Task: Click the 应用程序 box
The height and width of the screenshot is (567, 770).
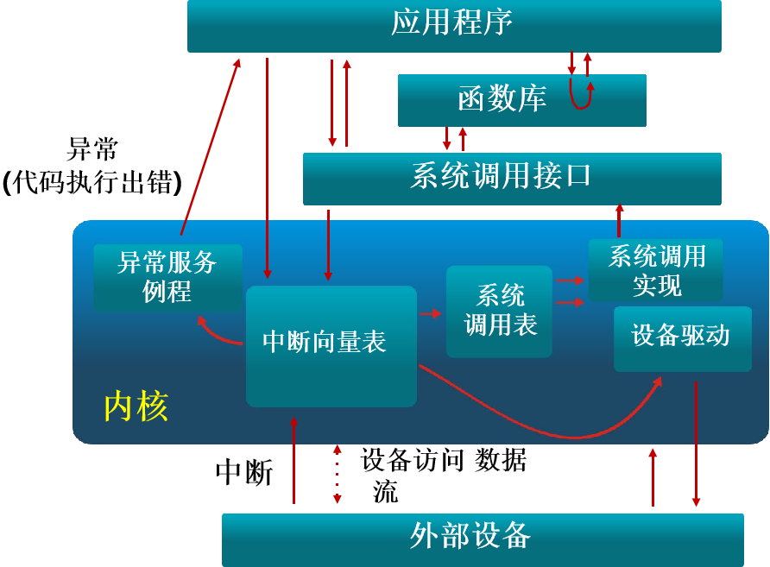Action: (454, 25)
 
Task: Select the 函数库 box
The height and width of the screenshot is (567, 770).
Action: (521, 100)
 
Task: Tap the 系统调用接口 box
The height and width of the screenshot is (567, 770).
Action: (511, 178)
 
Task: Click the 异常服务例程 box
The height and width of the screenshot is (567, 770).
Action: (167, 277)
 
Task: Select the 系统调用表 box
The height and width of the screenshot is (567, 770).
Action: (499, 311)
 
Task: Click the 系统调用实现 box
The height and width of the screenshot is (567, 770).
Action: (655, 271)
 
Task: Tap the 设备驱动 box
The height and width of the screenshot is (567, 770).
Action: (682, 337)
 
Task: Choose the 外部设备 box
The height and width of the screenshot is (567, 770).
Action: (482, 539)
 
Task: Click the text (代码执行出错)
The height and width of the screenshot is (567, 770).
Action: (92, 182)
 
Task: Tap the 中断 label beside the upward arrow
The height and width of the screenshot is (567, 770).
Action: (244, 472)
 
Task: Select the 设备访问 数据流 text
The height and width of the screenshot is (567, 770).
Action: (442, 473)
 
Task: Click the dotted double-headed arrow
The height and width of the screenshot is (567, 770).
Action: (338, 475)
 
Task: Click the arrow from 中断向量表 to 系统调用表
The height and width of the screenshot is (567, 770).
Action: (430, 313)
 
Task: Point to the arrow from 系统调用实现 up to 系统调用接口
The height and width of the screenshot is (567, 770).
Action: (619, 221)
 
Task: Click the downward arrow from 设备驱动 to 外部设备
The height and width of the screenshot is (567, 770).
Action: (696, 444)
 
